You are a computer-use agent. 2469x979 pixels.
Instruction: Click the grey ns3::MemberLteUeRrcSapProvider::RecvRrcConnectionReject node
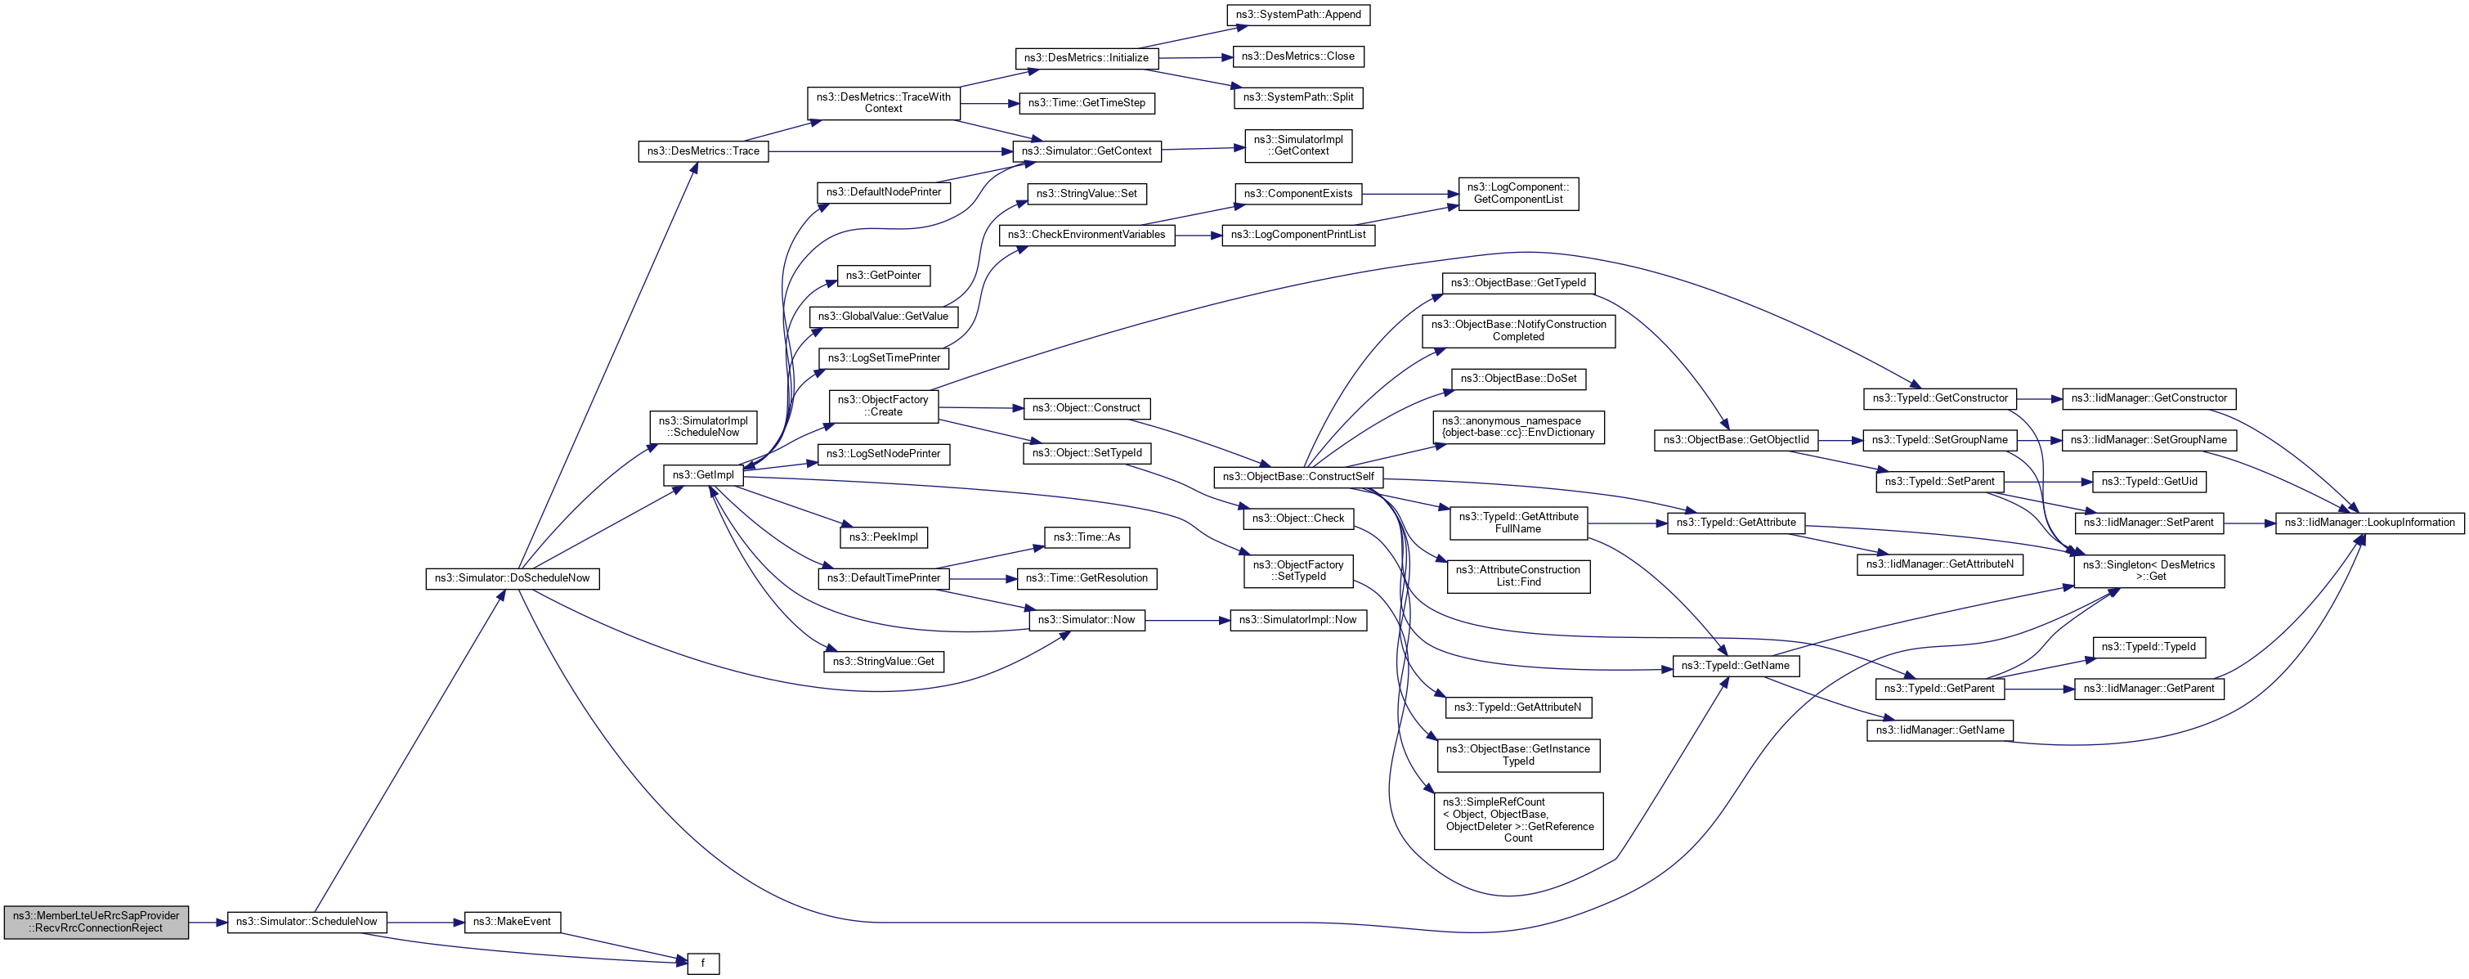96,922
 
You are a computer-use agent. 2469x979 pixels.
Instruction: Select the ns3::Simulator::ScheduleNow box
307,922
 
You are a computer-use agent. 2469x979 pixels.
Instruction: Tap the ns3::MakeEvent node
512,922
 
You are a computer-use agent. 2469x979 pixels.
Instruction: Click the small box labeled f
702,963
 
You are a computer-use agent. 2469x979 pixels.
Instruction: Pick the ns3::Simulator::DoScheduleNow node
512,578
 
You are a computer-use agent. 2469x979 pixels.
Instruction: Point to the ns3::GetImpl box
702,474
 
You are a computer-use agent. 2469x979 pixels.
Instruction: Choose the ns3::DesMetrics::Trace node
702,151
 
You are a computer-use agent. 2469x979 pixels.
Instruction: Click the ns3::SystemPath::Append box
1297,15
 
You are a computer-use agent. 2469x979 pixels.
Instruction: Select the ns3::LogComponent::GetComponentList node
1517,194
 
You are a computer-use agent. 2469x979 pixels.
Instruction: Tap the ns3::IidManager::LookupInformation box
2368,523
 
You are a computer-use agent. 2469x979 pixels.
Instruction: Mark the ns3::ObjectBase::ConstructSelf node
1297,477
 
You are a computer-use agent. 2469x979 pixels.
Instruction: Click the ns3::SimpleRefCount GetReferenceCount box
1517,820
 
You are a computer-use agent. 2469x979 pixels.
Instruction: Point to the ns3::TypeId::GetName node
1735,666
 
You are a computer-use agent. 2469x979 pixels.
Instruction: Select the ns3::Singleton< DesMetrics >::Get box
2148,571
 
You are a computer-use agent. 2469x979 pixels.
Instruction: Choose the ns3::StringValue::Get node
883,662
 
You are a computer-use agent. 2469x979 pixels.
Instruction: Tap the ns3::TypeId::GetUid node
2148,482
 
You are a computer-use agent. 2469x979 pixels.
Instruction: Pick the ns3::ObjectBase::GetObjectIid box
1735,440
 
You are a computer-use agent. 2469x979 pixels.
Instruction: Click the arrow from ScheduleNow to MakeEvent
426,923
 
